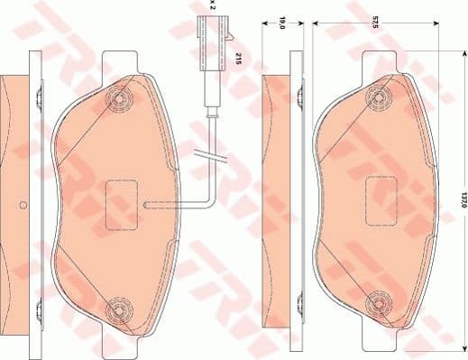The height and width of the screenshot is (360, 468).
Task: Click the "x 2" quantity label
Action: pyautogui.click(x=212, y=5)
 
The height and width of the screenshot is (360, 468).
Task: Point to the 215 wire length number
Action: pyautogui.click(x=238, y=60)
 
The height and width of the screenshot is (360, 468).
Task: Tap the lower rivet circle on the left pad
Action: pyautogui.click(x=117, y=311)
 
